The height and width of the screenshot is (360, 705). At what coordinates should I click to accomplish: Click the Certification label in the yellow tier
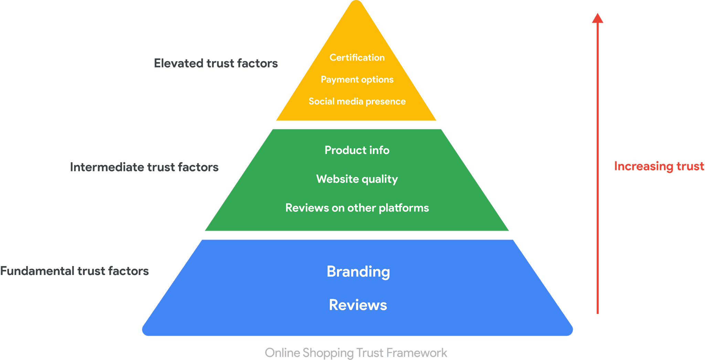[x=357, y=57]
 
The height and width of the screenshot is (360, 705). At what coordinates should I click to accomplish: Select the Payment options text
[x=357, y=80]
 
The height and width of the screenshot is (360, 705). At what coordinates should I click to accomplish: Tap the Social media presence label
[x=357, y=102]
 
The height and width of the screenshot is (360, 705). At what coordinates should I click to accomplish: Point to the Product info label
[x=357, y=150]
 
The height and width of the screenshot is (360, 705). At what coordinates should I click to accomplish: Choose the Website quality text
[x=357, y=179]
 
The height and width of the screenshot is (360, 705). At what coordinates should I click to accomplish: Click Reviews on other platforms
[x=357, y=208]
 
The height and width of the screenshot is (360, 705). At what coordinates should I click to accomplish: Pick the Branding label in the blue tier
[x=358, y=272]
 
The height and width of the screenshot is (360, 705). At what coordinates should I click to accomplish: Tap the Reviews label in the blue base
[x=358, y=305]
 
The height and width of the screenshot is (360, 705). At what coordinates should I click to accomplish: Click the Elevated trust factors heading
[x=216, y=63]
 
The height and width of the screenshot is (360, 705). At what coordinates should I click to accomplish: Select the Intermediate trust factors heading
[x=144, y=167]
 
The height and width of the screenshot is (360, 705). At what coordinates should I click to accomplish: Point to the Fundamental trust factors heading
[x=74, y=271]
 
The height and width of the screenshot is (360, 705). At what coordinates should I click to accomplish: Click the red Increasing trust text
[x=659, y=166]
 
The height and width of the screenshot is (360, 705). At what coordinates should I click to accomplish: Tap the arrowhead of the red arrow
[x=598, y=18]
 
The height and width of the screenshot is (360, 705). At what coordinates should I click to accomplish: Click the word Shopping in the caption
[x=328, y=353]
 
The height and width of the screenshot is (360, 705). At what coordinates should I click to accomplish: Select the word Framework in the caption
[x=417, y=353]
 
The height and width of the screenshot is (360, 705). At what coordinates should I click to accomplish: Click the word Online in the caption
[x=282, y=353]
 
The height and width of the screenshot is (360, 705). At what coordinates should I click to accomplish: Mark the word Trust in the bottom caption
[x=370, y=353]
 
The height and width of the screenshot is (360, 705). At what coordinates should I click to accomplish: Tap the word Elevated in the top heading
[x=178, y=63]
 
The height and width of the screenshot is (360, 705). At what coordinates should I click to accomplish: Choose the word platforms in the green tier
[x=404, y=208]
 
